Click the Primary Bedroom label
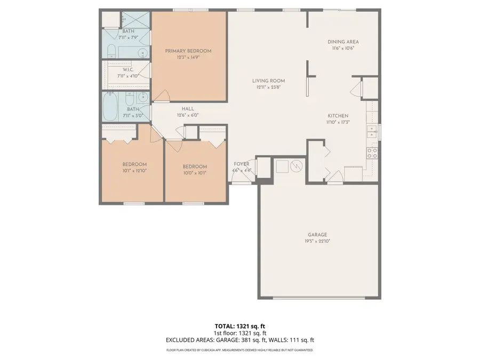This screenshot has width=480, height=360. [188, 51]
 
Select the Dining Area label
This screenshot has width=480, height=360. [342, 42]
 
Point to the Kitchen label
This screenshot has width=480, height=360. [338, 116]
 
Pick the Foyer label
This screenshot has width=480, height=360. [242, 164]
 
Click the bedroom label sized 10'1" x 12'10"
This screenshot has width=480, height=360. [134, 164]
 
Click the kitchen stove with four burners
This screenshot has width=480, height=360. [372, 153]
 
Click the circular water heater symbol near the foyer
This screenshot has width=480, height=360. [297, 167]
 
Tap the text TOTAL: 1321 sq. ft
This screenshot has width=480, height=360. [239, 325]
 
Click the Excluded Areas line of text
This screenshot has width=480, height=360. [239, 340]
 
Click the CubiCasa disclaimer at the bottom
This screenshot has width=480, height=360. [239, 350]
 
